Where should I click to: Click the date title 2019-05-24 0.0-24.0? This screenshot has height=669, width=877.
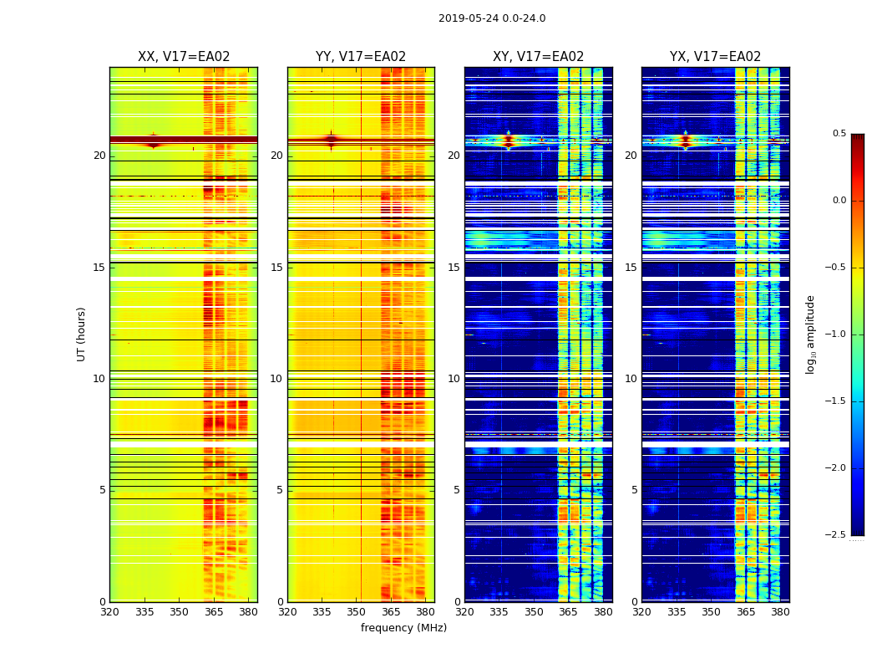click(492, 18)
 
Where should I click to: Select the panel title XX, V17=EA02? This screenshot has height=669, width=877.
click(184, 57)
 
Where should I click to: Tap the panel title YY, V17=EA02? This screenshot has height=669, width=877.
click(361, 57)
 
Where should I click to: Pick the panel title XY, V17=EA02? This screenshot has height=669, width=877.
click(538, 57)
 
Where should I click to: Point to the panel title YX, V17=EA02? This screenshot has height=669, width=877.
click(715, 57)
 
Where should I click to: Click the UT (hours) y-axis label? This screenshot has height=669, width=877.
click(81, 334)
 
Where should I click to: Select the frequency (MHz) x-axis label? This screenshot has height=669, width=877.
click(403, 628)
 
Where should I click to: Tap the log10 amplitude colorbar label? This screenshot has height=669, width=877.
click(810, 334)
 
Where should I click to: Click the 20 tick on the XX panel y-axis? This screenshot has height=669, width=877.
click(99, 156)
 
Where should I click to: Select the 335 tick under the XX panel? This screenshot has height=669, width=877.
click(144, 611)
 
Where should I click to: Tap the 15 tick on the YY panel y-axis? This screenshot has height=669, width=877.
click(276, 268)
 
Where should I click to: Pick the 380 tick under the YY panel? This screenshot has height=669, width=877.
click(425, 611)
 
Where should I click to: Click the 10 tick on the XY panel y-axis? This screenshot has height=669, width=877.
click(454, 379)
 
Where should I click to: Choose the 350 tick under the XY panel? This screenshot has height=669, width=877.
click(534, 611)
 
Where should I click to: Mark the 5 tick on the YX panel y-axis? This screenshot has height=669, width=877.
click(634, 490)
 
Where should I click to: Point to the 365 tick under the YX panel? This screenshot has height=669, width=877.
click(746, 611)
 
